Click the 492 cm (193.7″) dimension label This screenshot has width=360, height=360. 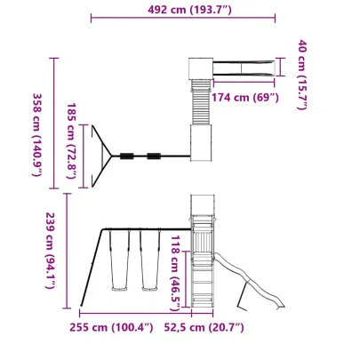[189, 10]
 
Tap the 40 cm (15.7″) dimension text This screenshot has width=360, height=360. [302, 75]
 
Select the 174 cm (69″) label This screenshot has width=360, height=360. [245, 97]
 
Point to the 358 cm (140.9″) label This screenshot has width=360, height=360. [37, 135]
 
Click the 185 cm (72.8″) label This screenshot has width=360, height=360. [71, 140]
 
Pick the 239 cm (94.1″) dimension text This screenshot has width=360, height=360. [50, 251]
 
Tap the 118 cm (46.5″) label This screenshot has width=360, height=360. [175, 273]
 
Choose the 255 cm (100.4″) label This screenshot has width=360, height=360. [111, 327]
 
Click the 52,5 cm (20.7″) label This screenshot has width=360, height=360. [204, 327]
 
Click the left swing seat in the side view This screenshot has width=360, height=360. [119, 288]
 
